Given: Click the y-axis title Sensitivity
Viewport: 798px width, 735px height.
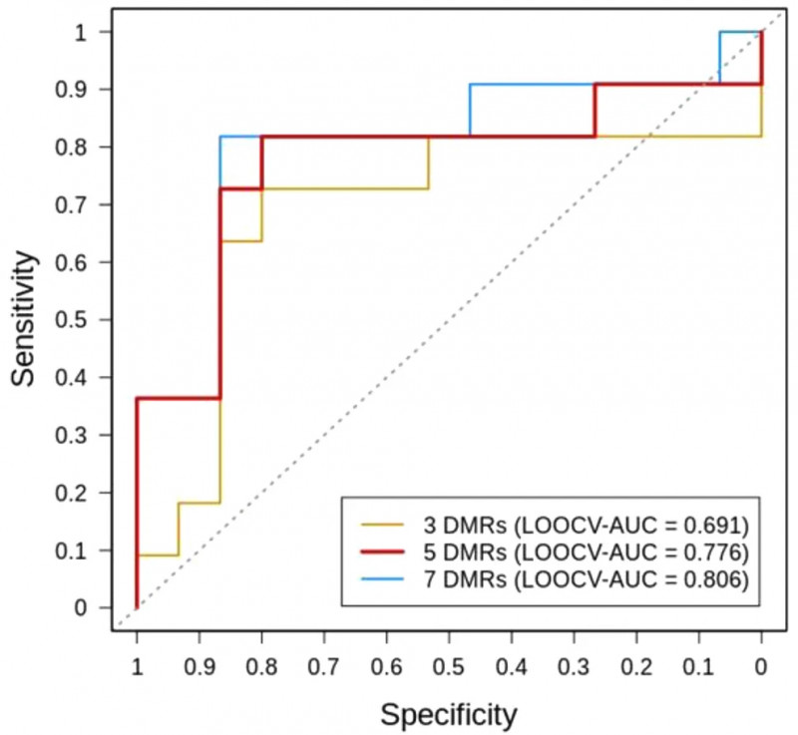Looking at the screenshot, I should tap(29, 319).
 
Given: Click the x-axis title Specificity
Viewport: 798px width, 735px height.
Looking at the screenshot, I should tap(449, 713).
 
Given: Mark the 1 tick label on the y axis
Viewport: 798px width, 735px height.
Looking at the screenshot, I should tap(93, 32).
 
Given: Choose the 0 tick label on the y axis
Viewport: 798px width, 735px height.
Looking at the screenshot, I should tap(93, 606).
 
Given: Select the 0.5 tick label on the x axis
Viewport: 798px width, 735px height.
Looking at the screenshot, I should tap(449, 665).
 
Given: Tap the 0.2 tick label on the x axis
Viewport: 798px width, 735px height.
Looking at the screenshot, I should tap(636, 665).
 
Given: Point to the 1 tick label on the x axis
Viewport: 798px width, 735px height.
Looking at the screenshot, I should tap(137, 665).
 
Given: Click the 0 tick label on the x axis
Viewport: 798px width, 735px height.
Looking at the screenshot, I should tap(761, 665).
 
